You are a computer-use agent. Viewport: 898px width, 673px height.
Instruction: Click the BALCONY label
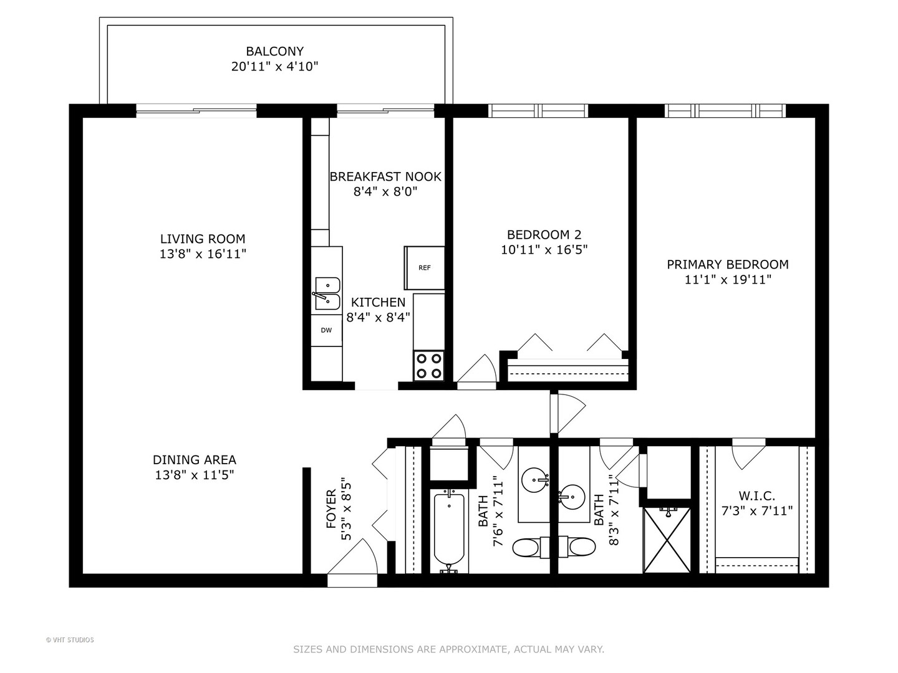click(x=274, y=52)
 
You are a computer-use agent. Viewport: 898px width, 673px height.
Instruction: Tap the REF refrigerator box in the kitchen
click(x=425, y=268)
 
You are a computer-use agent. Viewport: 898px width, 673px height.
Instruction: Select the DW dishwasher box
click(x=327, y=330)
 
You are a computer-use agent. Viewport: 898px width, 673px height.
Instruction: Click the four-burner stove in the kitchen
click(x=429, y=366)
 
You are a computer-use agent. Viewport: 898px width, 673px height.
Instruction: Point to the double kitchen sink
click(x=327, y=294)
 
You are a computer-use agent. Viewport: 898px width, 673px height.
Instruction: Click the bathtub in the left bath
click(x=448, y=530)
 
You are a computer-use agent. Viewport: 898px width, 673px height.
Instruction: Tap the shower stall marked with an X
click(x=667, y=540)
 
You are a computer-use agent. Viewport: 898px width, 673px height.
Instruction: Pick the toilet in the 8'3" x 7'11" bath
click(x=579, y=548)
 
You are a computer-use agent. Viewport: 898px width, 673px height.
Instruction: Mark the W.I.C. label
click(x=756, y=496)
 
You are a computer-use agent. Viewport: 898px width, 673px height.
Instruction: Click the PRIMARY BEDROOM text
click(x=727, y=264)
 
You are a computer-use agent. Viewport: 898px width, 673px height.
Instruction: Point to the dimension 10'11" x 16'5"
click(x=544, y=250)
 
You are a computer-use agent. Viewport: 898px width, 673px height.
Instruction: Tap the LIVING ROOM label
click(x=203, y=239)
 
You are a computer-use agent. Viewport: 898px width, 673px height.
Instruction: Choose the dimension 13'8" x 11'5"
click(x=194, y=475)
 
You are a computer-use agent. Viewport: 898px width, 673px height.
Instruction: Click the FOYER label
click(x=331, y=509)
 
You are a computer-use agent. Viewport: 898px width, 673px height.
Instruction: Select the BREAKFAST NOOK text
click(x=385, y=176)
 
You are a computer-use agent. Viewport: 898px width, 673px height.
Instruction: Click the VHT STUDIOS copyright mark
click(x=70, y=640)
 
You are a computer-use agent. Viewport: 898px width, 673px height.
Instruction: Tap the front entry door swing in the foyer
click(x=353, y=561)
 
